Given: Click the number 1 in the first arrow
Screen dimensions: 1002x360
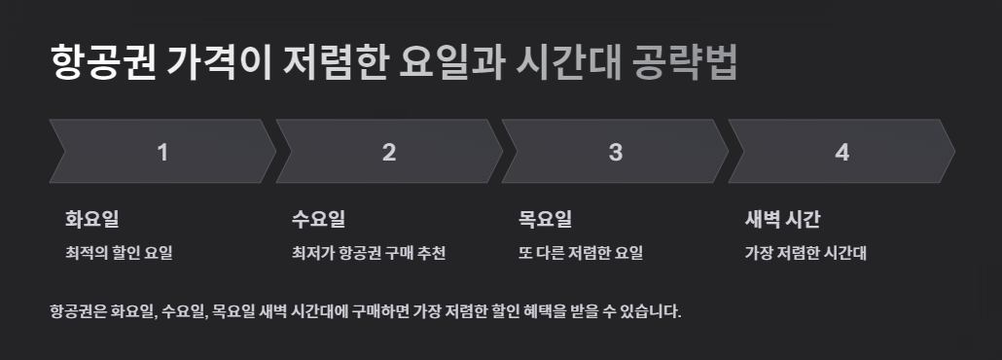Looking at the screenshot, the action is (x=162, y=152).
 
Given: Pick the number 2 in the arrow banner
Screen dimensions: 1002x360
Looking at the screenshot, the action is (x=389, y=152).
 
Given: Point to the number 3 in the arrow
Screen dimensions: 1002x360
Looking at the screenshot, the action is (x=616, y=152).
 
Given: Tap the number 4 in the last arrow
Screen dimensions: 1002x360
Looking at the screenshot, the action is (x=842, y=152).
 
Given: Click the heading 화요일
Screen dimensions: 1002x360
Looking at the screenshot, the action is (x=92, y=219).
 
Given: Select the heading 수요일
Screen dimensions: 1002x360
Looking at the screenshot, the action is (x=319, y=219).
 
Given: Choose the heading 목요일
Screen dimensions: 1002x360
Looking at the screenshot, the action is (x=546, y=219).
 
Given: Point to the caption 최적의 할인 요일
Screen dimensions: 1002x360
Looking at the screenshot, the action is (x=119, y=254).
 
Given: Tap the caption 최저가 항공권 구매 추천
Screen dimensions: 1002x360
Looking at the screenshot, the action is (x=369, y=254).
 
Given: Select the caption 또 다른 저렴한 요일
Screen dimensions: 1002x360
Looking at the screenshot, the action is (x=581, y=254).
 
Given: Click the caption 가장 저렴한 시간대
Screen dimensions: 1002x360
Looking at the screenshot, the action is (x=805, y=254).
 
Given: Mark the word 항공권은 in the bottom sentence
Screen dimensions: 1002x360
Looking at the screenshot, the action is (x=77, y=312).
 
